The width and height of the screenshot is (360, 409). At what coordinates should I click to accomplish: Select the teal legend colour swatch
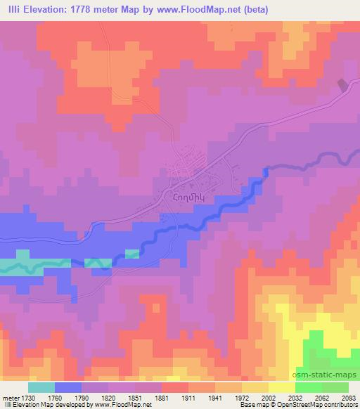41,387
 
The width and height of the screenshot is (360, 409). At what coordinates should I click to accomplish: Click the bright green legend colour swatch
309,387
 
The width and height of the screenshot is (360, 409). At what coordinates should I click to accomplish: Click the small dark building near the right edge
342,85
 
